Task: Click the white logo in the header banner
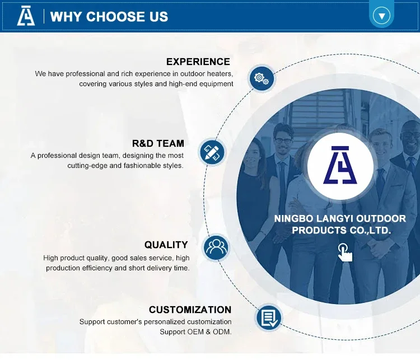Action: coord(26,16)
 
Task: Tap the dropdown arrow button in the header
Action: coord(381,16)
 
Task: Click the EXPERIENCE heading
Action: coord(198,62)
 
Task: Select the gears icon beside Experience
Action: coord(262,78)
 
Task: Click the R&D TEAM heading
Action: coord(158,143)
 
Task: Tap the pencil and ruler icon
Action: coord(212,152)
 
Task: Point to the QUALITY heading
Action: coord(166,245)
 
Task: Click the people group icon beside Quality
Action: coord(216,247)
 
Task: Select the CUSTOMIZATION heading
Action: coord(190,310)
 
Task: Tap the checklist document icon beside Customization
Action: coord(269,317)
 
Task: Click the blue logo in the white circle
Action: coord(340,165)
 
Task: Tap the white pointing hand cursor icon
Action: coord(345,253)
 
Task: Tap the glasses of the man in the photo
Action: coord(283,141)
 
